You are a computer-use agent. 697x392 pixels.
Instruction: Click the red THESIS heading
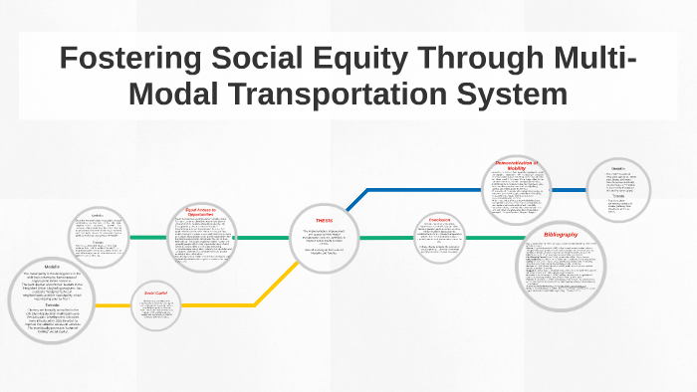click(325, 220)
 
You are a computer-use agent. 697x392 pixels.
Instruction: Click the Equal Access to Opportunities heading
click(201, 212)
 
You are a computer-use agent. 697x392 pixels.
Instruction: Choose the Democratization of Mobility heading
click(516, 165)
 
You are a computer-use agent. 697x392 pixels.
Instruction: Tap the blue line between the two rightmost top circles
click(569, 189)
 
